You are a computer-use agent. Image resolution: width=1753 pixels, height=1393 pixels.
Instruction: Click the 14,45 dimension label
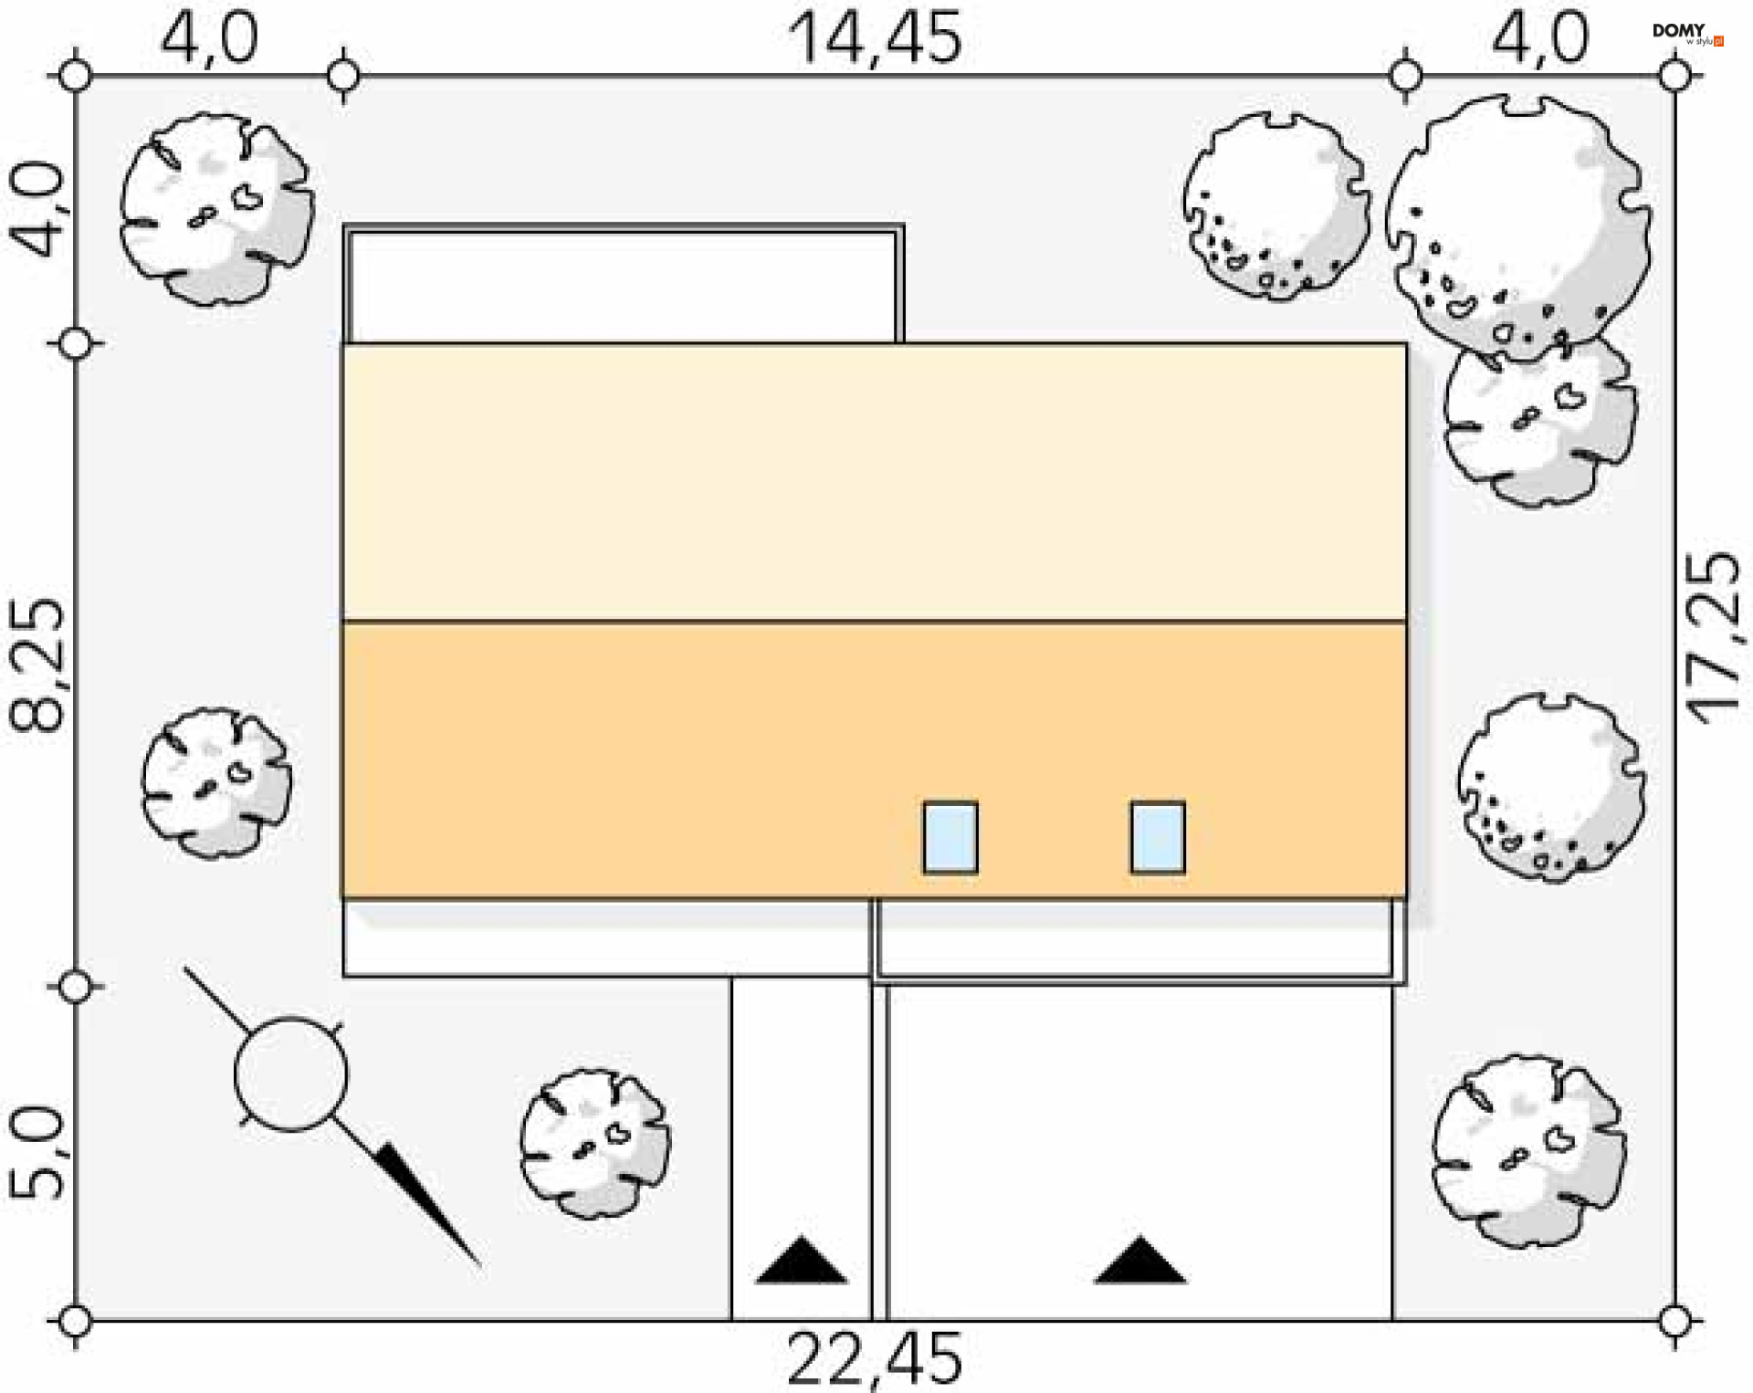[x=875, y=38]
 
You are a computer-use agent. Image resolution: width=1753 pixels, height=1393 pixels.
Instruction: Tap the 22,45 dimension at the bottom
[x=875, y=1359]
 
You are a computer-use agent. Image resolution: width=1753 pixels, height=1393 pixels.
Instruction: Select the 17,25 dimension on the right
[x=1714, y=638]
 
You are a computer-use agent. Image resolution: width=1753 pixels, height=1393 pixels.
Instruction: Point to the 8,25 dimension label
[x=38, y=665]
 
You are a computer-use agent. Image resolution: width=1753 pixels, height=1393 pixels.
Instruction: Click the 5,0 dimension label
[x=38, y=1154]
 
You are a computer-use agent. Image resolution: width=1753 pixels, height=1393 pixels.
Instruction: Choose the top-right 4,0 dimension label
[x=1540, y=38]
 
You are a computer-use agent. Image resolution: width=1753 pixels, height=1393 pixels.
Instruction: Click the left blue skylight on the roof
[x=950, y=837]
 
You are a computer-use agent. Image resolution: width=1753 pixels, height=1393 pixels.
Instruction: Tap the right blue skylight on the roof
[x=1158, y=837]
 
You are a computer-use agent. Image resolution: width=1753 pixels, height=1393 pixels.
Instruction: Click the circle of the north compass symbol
[x=290, y=1074]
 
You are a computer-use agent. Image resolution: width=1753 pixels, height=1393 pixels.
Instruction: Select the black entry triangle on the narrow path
[x=802, y=1260]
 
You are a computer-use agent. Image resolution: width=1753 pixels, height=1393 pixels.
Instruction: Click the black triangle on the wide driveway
[x=1140, y=1260]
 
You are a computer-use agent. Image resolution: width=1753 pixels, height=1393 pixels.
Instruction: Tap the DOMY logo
[x=1687, y=34]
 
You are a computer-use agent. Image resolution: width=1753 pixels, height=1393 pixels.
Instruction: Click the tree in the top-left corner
[x=217, y=209]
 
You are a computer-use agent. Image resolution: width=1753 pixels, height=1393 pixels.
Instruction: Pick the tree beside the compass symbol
[x=595, y=1143]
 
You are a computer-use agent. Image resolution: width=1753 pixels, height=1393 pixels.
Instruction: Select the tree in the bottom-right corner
[x=1529, y=1151]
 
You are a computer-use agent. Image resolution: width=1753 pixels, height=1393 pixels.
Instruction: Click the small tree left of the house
[x=216, y=783]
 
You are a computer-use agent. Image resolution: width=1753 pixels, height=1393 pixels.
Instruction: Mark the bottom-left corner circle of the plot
[x=75, y=1321]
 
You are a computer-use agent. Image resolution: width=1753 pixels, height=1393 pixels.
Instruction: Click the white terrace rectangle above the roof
[x=624, y=285]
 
